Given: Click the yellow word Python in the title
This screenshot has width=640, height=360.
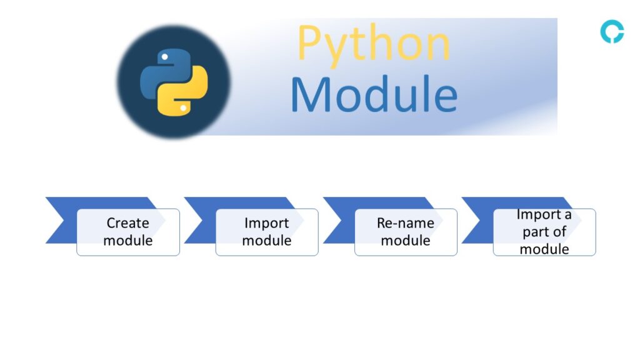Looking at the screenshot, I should tap(373, 44).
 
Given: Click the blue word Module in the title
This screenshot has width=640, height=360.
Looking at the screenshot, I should tap(374, 94).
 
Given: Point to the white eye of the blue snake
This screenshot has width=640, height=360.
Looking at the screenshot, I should tap(164, 57).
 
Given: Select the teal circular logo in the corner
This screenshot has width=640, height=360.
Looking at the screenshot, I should tap(611, 32).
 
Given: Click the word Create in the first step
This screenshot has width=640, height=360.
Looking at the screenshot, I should tap(127, 223).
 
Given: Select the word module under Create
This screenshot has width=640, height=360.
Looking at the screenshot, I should tap(127, 241).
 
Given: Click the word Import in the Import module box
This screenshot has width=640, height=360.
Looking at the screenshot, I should tap(266, 223).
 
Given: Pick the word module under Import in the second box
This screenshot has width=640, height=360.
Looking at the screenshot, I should tap(266, 241).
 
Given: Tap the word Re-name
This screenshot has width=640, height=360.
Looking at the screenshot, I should tap(405, 223).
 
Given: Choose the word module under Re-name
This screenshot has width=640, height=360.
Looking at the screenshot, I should tap(405, 241).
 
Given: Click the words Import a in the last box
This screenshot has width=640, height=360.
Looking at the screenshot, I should tap(544, 215).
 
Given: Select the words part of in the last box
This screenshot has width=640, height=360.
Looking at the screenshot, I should tap(544, 232).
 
